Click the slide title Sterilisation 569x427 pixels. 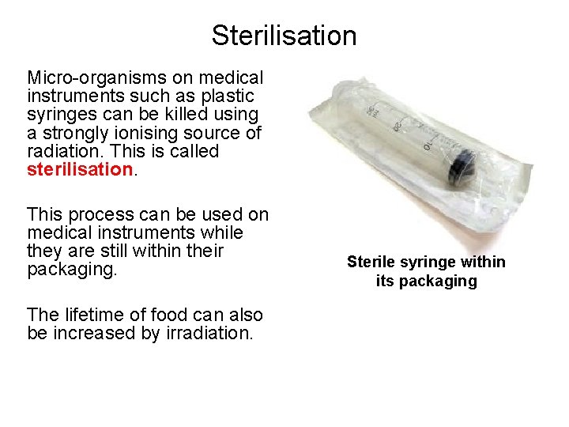(284, 36)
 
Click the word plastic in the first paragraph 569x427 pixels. (226, 96)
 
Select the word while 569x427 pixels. (222, 233)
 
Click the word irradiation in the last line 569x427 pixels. (211, 333)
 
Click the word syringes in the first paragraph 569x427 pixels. (60, 115)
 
